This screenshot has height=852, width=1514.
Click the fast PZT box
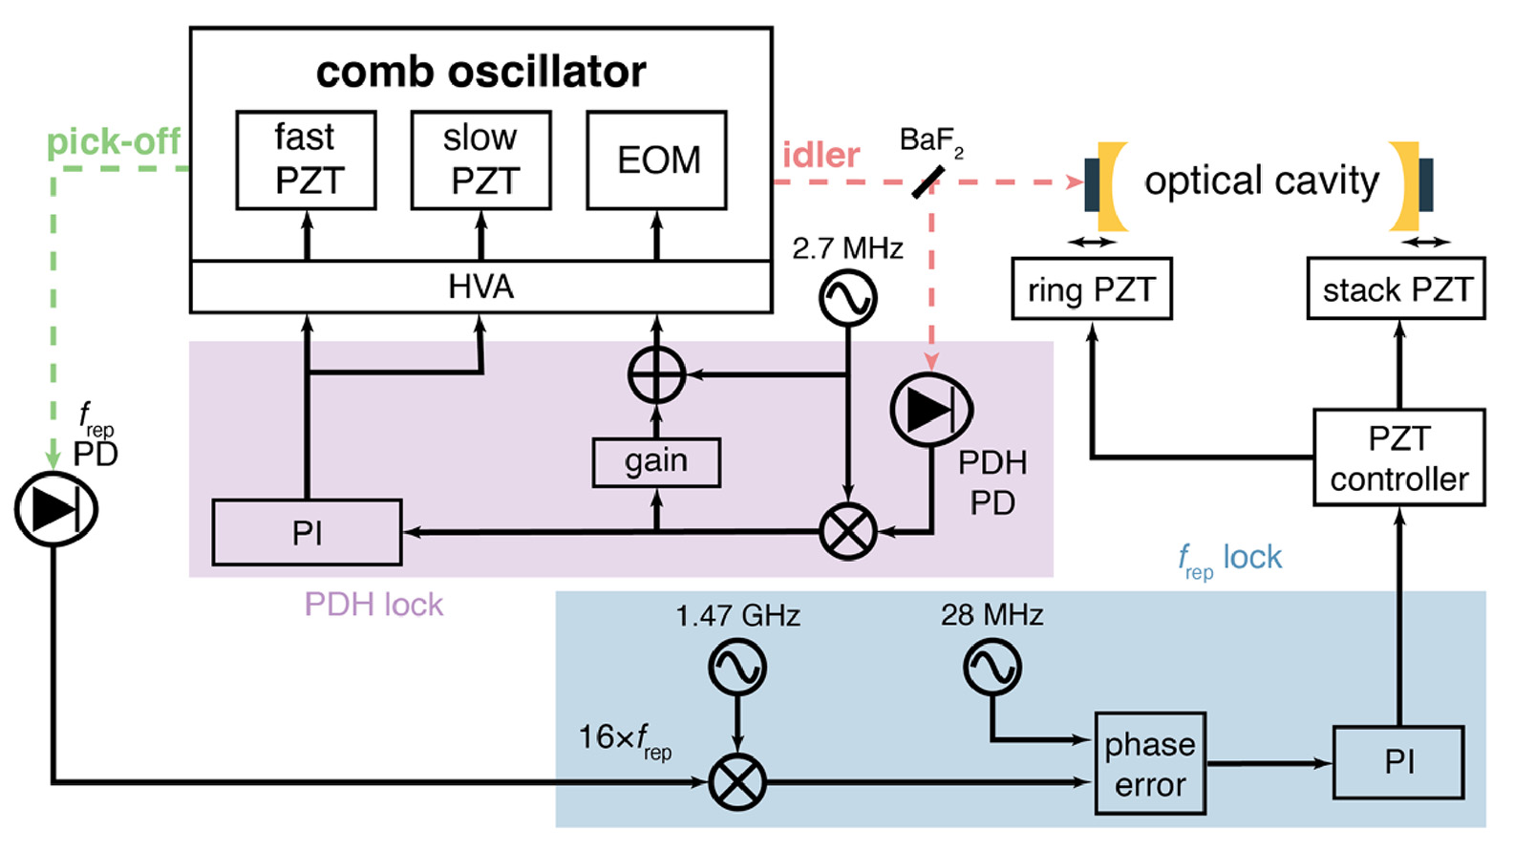pos(306,160)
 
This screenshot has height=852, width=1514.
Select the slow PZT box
pos(480,160)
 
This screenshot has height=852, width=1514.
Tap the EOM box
pos(656,160)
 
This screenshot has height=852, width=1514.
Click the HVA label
pos(480,287)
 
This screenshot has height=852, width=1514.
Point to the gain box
pos(656,462)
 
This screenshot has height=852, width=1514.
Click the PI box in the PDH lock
pos(307,532)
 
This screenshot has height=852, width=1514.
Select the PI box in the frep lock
pos(1398,762)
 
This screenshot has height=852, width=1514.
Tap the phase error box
pos(1150,763)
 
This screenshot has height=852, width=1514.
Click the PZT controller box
pos(1398,458)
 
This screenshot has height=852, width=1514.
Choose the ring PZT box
pos(1092,288)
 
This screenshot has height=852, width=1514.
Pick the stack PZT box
pos(1397,288)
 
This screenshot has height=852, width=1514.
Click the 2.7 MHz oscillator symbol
pos(847,298)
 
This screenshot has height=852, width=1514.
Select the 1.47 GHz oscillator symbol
pos(737,666)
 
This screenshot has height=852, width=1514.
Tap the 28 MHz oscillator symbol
pos(992,666)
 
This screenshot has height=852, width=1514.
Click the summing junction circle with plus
pos(656,374)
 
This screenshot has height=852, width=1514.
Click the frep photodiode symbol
pos(55,508)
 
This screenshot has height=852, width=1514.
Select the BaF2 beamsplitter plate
pos(928,181)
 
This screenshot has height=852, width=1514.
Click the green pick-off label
pos(114,142)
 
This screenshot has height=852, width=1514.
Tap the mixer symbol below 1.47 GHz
pos(737,781)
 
